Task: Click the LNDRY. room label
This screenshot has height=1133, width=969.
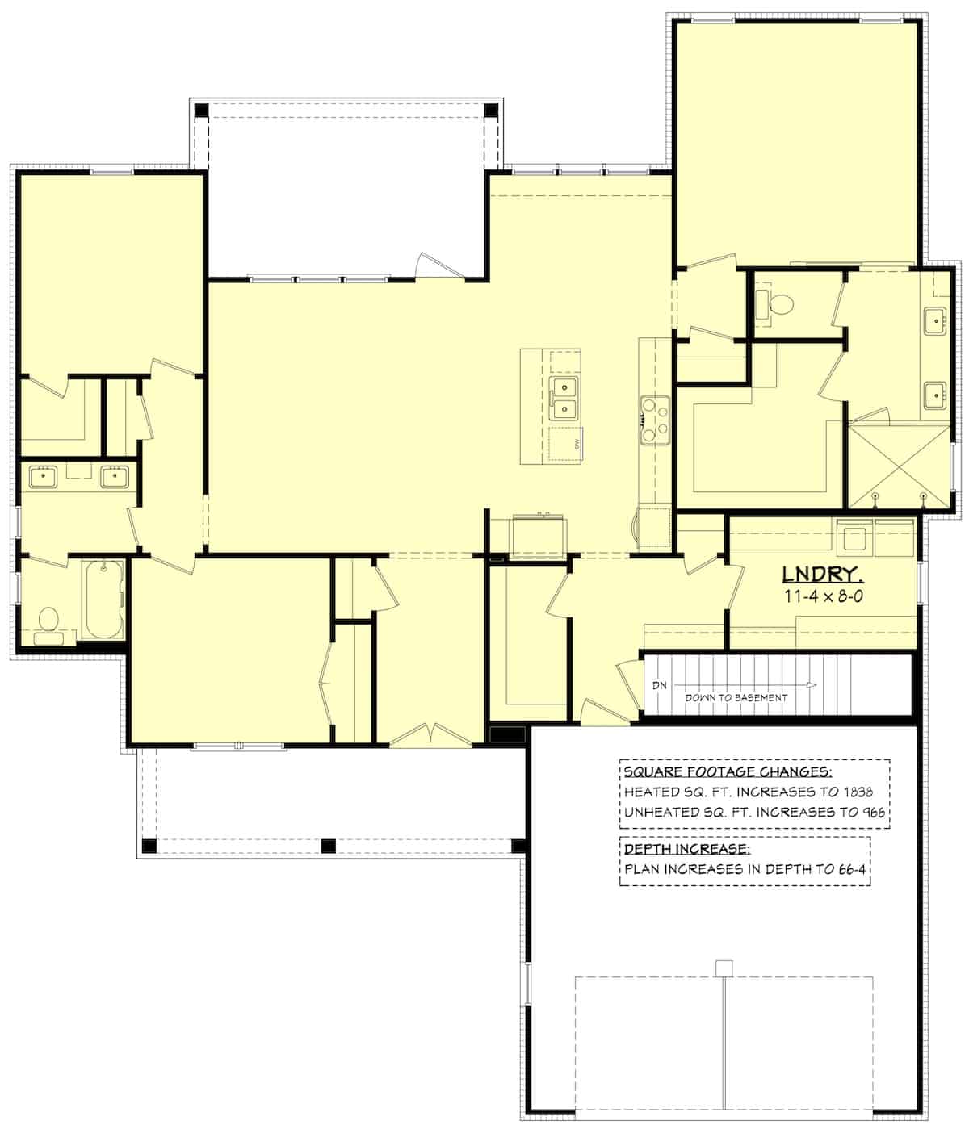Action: click(x=823, y=575)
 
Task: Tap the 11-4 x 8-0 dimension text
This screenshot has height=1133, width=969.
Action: click(x=823, y=596)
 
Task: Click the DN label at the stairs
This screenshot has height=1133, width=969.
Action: click(x=661, y=685)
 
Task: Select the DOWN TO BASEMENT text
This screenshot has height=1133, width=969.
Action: click(x=736, y=697)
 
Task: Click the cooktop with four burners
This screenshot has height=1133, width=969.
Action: click(x=653, y=420)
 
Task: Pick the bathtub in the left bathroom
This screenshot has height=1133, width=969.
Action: click(x=103, y=600)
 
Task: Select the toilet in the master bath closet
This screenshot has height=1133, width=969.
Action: click(x=778, y=305)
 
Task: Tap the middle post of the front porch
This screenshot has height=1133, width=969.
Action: click(x=328, y=846)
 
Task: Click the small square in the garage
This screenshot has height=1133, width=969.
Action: click(x=724, y=968)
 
